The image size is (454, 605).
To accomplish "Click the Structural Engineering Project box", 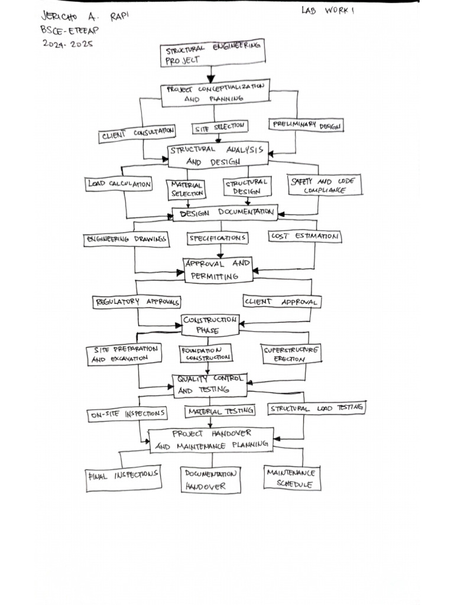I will (212, 53).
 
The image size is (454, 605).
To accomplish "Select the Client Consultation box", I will (137, 134).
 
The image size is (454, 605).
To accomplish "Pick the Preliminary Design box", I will (306, 125).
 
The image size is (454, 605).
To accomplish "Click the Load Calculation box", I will (119, 184).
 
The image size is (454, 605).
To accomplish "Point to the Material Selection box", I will (187, 189).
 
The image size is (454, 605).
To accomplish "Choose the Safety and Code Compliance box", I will (325, 186).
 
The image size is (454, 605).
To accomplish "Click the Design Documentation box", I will (225, 213).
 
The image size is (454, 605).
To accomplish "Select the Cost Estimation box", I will (305, 236).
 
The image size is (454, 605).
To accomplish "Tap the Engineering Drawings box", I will (127, 239).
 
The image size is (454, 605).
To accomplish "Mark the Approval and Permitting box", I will (218, 269).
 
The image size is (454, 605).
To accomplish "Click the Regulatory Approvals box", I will (137, 302).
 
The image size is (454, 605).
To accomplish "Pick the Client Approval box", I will (282, 301).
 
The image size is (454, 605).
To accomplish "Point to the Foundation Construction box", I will (206, 354).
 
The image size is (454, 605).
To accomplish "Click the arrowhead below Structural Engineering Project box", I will (211, 78).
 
